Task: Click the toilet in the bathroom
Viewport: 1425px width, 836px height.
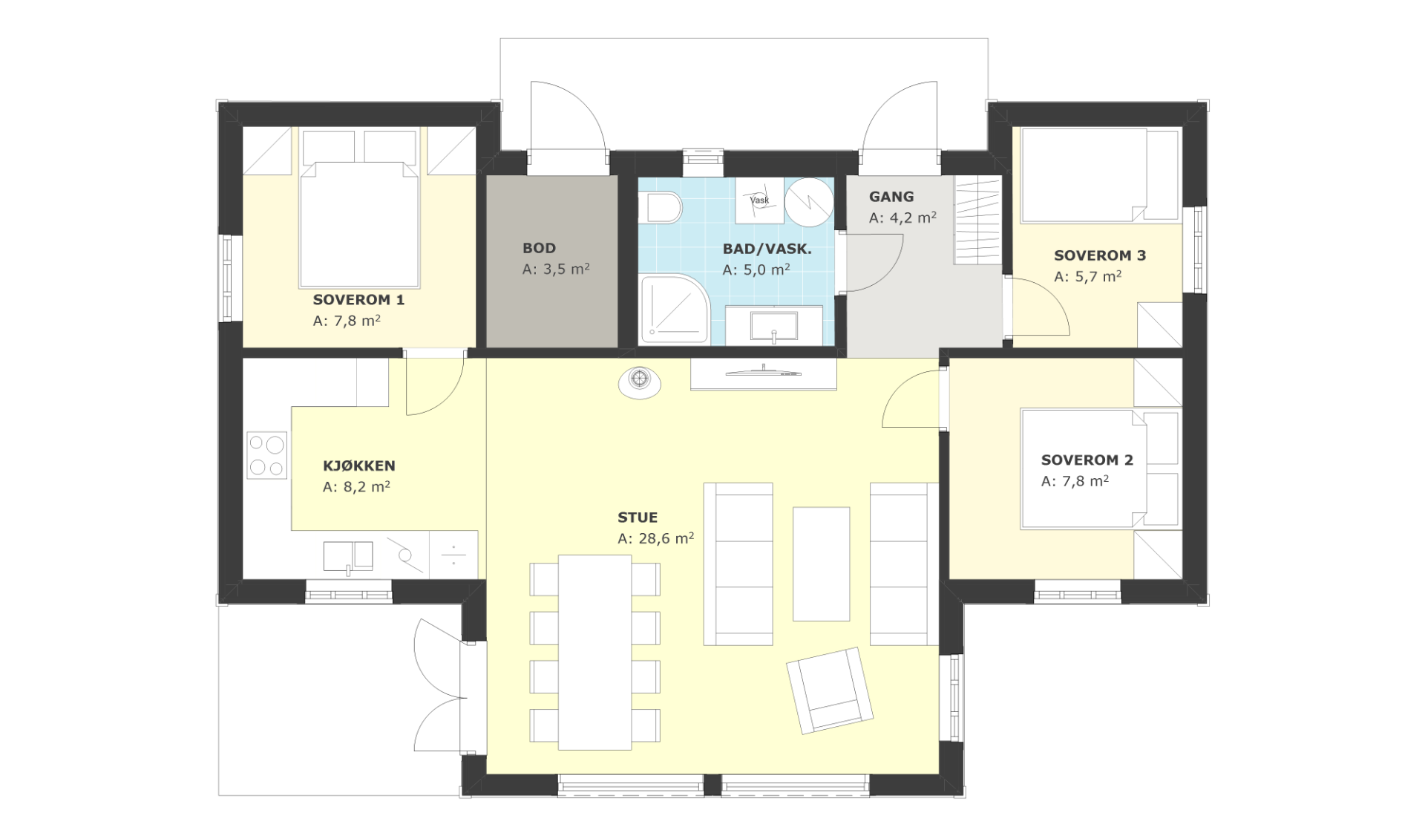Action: point(663,207)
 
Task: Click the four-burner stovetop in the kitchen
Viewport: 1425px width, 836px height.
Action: point(267,455)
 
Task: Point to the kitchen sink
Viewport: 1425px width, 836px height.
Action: point(348,557)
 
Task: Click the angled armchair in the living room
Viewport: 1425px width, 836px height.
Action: point(829,690)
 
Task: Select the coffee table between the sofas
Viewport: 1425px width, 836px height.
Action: point(821,564)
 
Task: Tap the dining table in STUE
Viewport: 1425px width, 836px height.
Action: point(594,652)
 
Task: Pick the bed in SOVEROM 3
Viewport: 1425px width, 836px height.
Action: point(1100,176)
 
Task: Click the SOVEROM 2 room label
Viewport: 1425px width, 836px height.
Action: point(1087,460)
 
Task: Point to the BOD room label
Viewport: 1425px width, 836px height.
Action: point(539,248)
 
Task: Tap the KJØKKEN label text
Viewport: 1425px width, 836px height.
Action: point(359,466)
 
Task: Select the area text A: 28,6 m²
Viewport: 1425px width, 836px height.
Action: point(656,538)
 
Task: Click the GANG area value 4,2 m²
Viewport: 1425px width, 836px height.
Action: point(913,218)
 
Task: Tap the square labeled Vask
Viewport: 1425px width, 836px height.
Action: point(760,200)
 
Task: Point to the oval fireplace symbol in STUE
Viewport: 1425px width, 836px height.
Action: point(640,382)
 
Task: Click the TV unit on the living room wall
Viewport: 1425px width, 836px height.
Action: point(764,374)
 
